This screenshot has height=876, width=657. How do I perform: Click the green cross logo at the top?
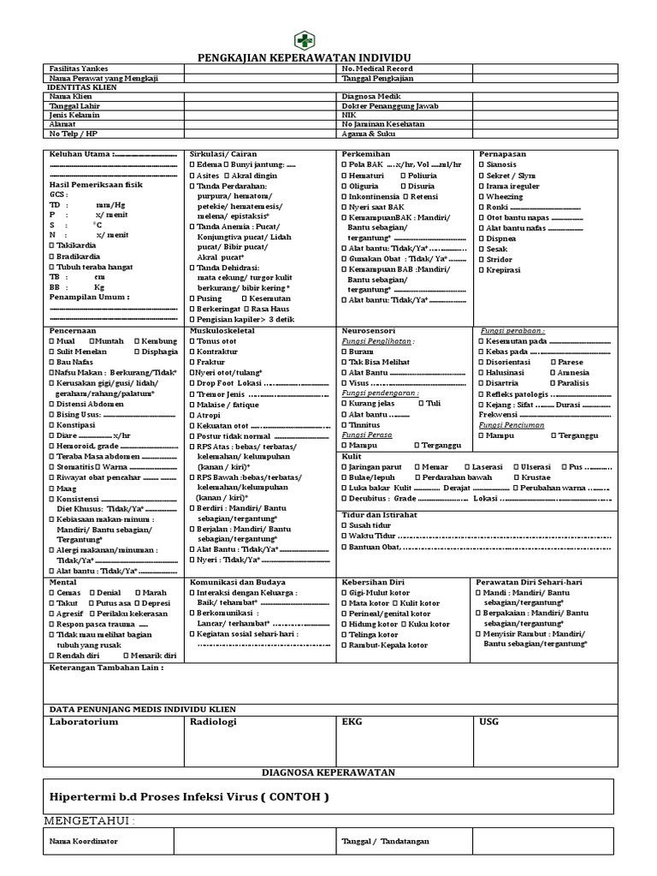[x=305, y=39]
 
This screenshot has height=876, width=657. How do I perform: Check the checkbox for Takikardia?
[x=53, y=246]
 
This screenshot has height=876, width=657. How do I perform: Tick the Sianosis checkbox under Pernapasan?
[x=482, y=164]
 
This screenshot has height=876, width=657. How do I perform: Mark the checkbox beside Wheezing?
[x=482, y=197]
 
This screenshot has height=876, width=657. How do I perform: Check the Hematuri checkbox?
[x=345, y=175]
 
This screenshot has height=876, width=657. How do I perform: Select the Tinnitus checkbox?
[x=345, y=424]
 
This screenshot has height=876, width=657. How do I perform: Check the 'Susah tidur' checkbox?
[x=345, y=524]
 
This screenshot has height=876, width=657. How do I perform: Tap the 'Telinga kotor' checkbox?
[x=345, y=636]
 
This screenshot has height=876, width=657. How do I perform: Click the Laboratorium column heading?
[x=84, y=722]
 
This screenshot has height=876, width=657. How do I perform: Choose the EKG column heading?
[x=352, y=722]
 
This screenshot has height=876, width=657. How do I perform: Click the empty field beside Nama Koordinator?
[x=255, y=842]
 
